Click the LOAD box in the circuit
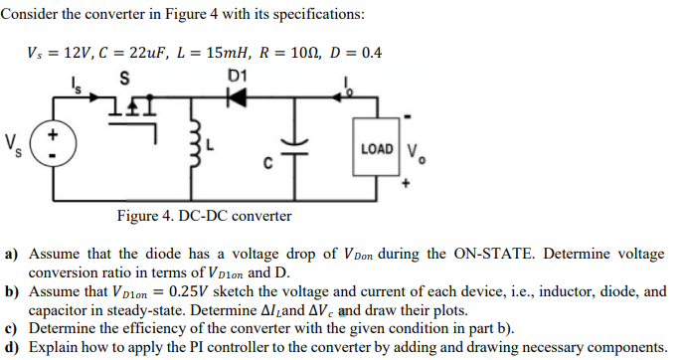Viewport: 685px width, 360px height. (x=377, y=148)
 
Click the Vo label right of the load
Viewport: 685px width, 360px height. (x=417, y=153)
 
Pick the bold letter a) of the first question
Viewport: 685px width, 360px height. (x=13, y=254)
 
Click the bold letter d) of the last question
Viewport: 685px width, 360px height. (x=13, y=347)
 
